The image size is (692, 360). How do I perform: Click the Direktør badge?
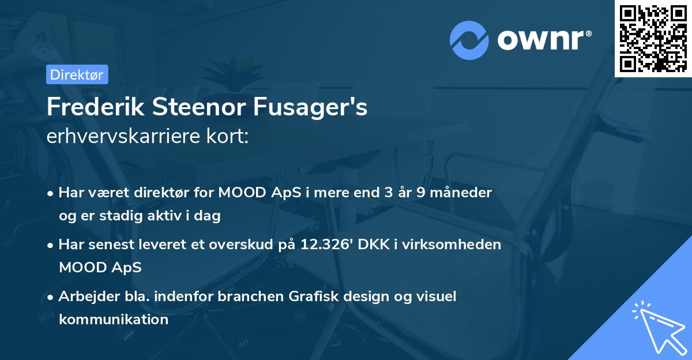pyautogui.click(x=77, y=74)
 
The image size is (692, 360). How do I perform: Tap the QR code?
pyautogui.click(x=653, y=38)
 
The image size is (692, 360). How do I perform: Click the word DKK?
pyautogui.click(x=375, y=244)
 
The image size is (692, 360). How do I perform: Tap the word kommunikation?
pyautogui.click(x=114, y=319)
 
